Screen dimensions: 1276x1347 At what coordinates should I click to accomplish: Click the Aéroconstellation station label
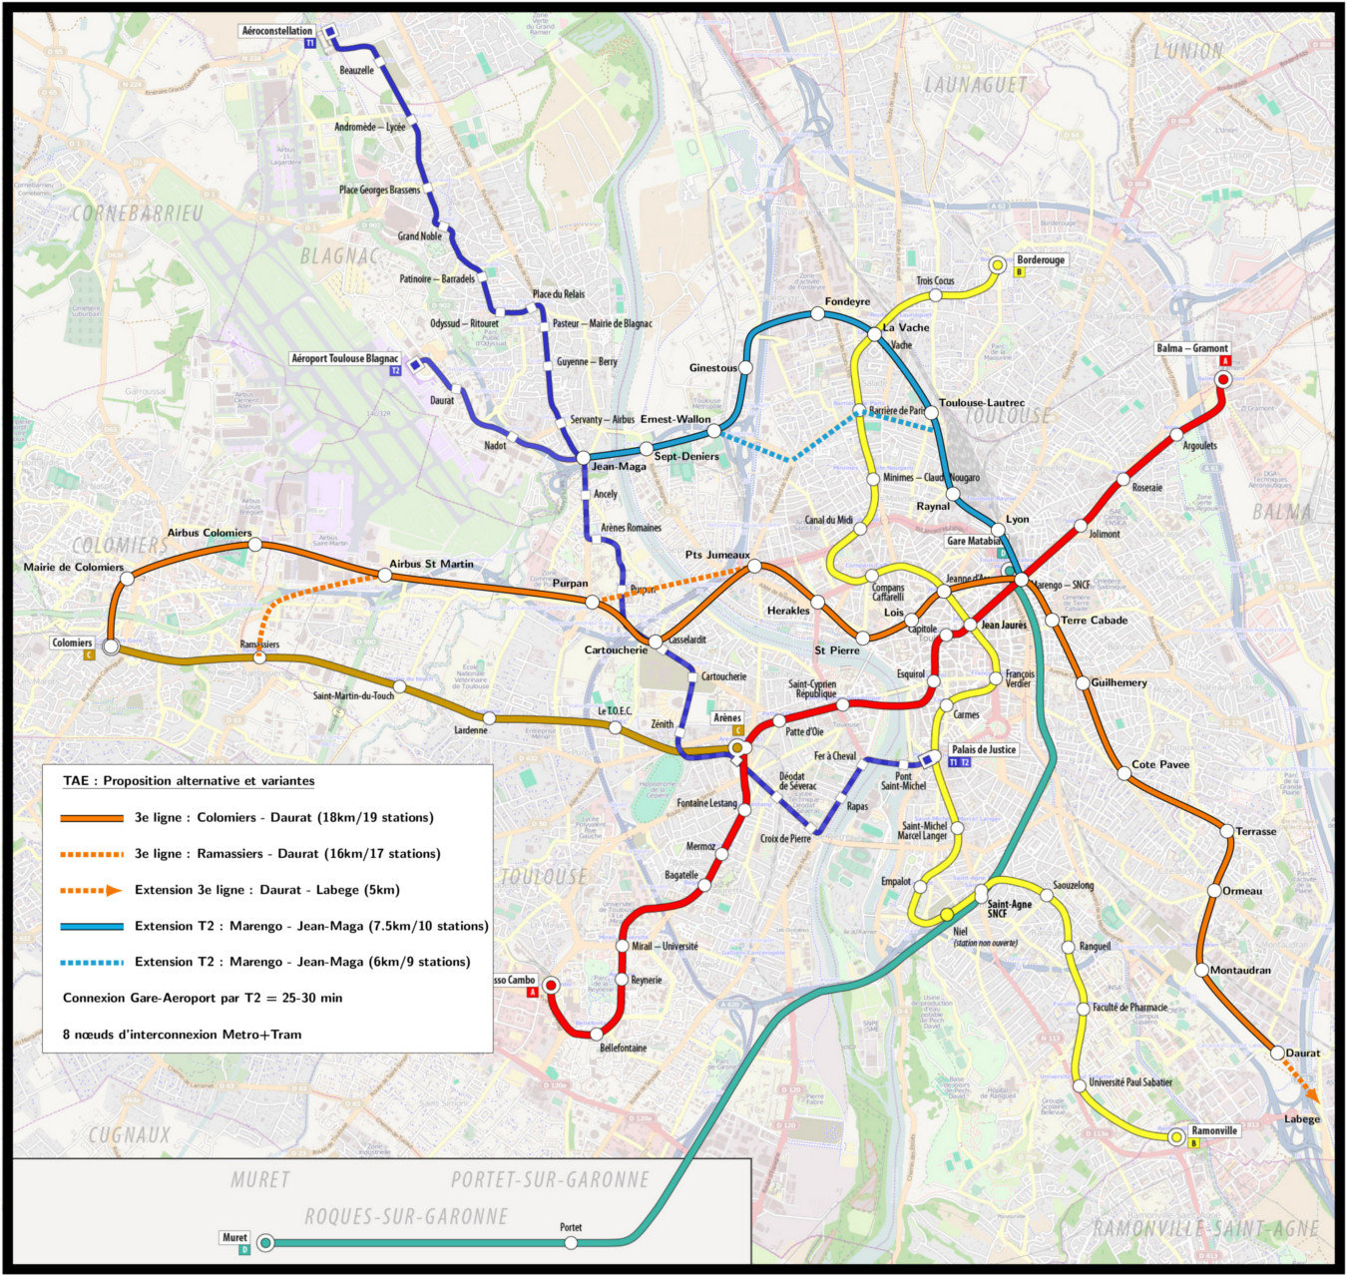[x=277, y=31]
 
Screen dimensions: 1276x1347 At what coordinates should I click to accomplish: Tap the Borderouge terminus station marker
[x=997, y=265]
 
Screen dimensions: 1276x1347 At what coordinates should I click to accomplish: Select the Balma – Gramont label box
[x=1192, y=348]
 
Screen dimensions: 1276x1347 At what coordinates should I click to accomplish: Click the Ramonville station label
[x=1214, y=1130]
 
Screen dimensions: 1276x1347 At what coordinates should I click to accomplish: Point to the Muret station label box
[x=234, y=1237]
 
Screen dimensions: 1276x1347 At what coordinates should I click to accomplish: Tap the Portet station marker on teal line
[x=571, y=1243]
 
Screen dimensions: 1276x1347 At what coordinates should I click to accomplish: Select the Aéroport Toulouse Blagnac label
[x=344, y=358]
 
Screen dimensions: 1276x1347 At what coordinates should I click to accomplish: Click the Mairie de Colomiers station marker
[x=129, y=578]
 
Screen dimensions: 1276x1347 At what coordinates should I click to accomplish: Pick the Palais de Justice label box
[x=983, y=749]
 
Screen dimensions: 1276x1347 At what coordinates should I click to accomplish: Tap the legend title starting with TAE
[x=189, y=781]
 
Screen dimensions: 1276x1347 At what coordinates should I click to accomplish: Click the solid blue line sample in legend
[x=92, y=926]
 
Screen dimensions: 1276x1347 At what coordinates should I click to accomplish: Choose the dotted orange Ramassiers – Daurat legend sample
[x=92, y=854]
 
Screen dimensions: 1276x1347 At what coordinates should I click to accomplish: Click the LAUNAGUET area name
[x=975, y=85]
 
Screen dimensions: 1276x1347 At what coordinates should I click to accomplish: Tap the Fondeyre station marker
[x=817, y=314]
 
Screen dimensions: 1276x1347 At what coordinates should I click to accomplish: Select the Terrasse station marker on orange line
[x=1227, y=830]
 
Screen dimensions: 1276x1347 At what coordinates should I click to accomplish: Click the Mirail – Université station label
[x=665, y=946]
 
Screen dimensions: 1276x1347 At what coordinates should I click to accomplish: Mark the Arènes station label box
[x=727, y=718]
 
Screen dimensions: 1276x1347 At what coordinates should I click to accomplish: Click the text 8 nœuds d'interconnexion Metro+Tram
[x=182, y=1035]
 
